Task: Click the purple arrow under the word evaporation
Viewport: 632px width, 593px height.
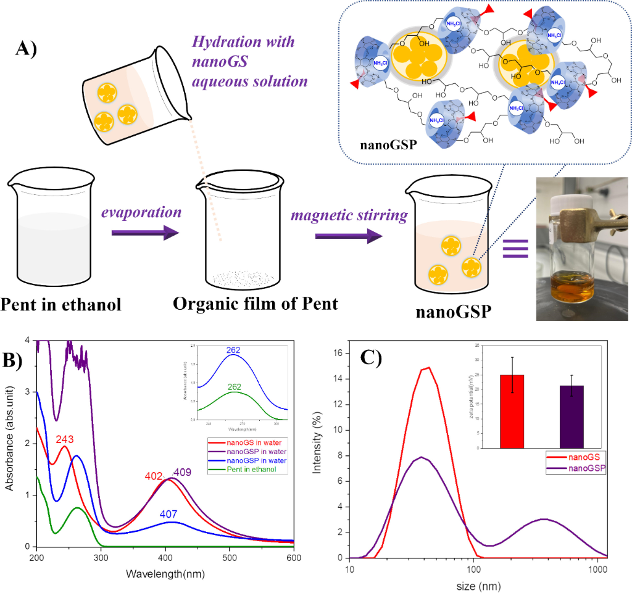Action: (x=146, y=234)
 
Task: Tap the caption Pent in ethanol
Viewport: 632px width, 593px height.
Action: (x=61, y=304)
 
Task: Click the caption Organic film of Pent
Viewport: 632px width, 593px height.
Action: (x=256, y=304)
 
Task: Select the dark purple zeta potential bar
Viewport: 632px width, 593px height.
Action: (x=572, y=417)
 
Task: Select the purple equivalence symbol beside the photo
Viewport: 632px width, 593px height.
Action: (x=515, y=250)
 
